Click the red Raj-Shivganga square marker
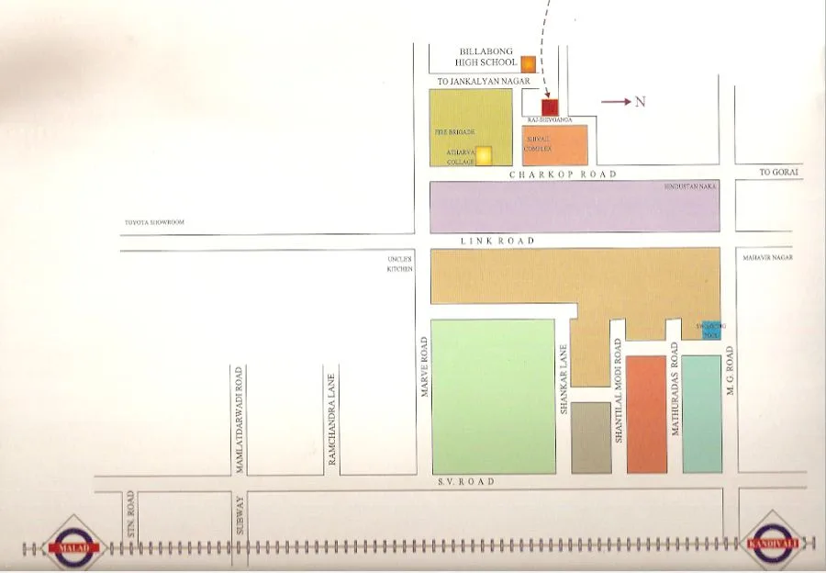pos(550,107)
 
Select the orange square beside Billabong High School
pos(529,64)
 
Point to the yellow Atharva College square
pos(483,154)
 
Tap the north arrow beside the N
pos(616,102)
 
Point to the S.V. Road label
pos(465,482)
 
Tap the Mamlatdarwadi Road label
pos(239,420)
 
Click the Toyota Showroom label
pos(154,222)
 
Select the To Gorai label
pos(779,172)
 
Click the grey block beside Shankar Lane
pos(591,437)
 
